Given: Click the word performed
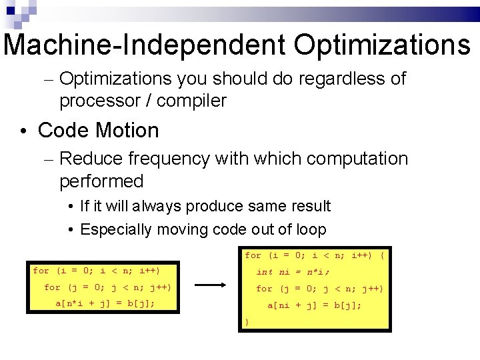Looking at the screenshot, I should pyautogui.click(x=101, y=181).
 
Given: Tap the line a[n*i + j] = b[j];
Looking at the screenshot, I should pyautogui.click(x=105, y=303).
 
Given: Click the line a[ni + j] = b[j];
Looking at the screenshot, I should pyautogui.click(x=315, y=305).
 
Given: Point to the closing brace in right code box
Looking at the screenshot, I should pyautogui.click(x=247, y=322).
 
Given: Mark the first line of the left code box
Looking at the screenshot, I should pyautogui.click(x=96, y=271).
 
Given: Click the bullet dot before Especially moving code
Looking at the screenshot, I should pyautogui.click(x=70, y=231).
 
